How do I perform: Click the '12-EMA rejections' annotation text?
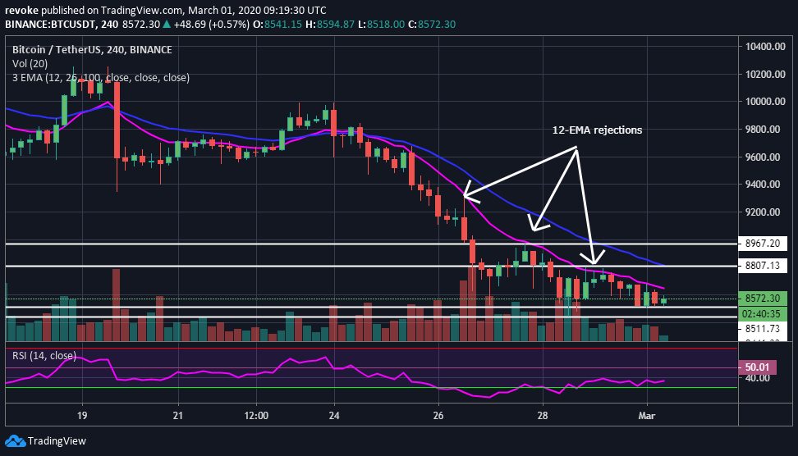(x=596, y=130)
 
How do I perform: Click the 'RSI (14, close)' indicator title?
(x=44, y=355)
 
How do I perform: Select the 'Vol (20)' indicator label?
(x=30, y=63)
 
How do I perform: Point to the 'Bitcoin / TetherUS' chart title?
(x=57, y=49)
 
